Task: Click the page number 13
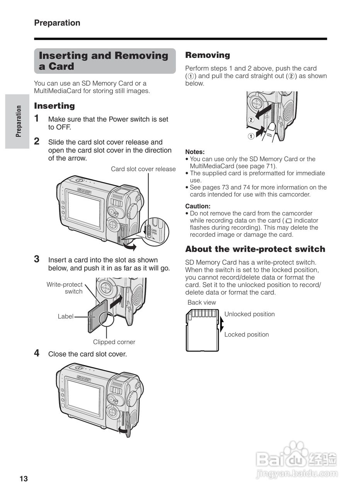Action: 24,479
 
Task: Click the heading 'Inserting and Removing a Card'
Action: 104,61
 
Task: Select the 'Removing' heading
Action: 207,55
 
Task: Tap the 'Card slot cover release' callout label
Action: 143,169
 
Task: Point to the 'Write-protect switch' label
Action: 65,288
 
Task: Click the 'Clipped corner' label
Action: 114,342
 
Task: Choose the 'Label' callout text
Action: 65,316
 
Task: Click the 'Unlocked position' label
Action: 250,314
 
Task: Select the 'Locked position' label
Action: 246,335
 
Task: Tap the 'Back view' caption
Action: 202,303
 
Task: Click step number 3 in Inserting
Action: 37,259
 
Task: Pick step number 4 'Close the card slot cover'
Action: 37,353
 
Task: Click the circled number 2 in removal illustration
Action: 251,120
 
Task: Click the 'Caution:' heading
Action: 198,206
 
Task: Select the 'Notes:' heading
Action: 195,152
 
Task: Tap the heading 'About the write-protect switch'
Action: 255,249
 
